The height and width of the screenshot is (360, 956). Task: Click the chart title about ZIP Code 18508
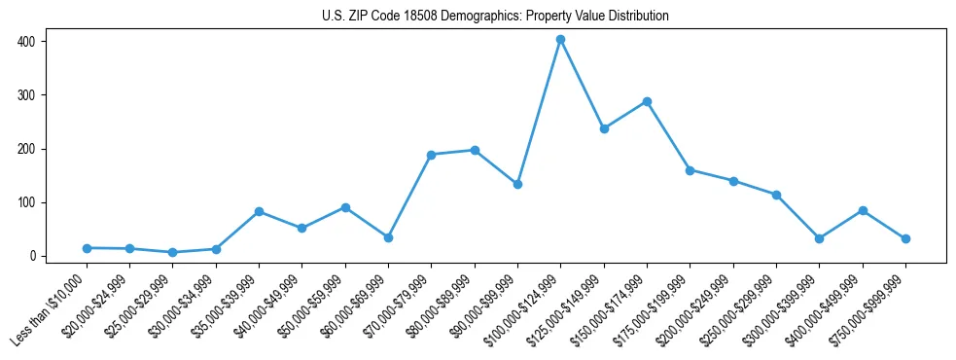click(x=495, y=16)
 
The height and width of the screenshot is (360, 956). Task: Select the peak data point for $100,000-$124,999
click(x=560, y=40)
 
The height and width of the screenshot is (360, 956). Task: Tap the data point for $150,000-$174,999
click(x=647, y=101)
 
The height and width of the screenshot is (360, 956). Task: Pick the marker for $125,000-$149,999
click(x=604, y=128)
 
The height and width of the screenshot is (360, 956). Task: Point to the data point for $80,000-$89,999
click(x=475, y=150)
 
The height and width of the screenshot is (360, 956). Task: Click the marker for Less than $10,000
click(x=87, y=248)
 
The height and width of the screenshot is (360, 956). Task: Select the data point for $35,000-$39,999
click(x=259, y=211)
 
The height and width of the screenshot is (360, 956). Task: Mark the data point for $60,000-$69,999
click(x=388, y=237)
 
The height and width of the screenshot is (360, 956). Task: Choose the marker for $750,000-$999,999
click(x=905, y=238)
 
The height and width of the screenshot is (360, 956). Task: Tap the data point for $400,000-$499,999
click(x=863, y=210)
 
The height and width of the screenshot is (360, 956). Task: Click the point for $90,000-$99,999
click(x=517, y=184)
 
